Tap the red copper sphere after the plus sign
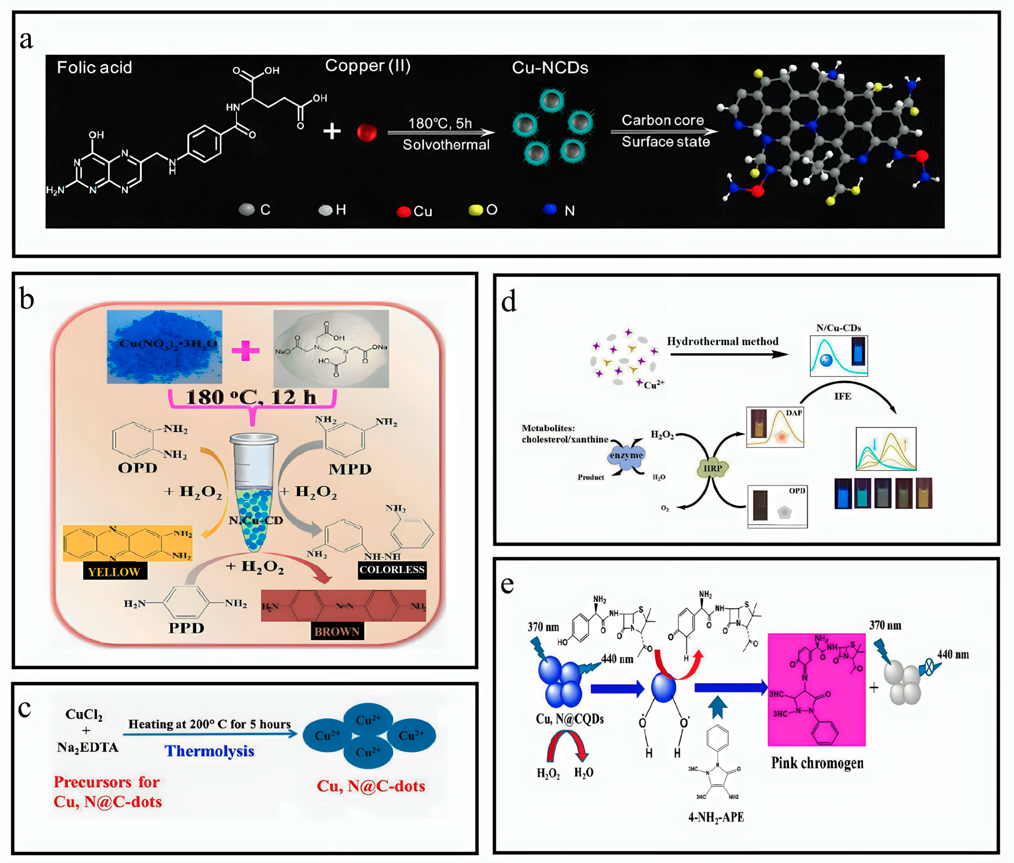[x=367, y=132]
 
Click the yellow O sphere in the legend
[x=475, y=210]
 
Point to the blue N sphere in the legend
[x=550, y=209]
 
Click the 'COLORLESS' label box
[x=392, y=570]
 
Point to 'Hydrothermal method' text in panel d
[x=722, y=342]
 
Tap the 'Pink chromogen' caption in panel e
[x=817, y=763]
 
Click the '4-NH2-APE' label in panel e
[x=716, y=817]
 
